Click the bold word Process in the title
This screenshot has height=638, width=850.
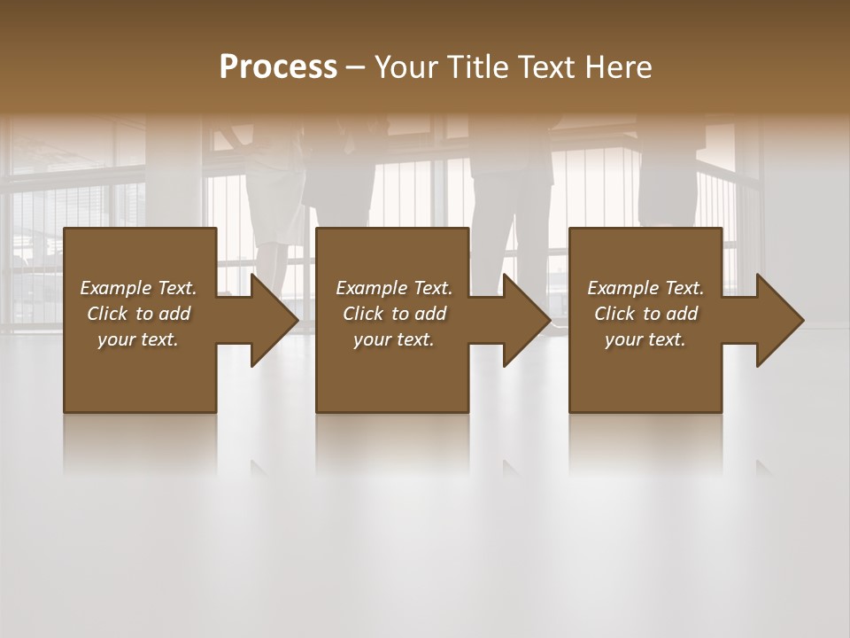click(x=278, y=66)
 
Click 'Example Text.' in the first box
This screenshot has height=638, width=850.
click(x=138, y=287)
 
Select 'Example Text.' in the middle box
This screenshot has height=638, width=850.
click(x=394, y=287)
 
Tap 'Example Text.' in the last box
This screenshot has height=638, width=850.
click(x=645, y=287)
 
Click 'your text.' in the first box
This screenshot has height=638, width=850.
click(x=138, y=339)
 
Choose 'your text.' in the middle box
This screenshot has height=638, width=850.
click(x=394, y=339)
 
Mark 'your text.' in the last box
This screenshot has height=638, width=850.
click(x=645, y=339)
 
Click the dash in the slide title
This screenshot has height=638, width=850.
click(x=356, y=67)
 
